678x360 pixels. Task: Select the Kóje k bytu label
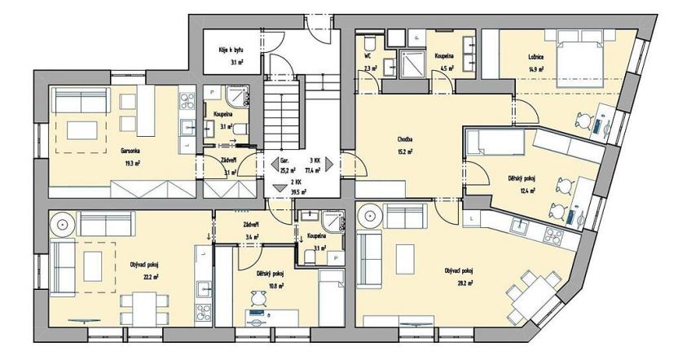pos(231,50)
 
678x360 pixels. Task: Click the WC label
pos(368,56)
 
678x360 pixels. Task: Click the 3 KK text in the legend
pos(315,161)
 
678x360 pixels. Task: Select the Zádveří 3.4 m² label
pos(252,225)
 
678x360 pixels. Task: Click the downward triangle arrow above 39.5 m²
pos(280,188)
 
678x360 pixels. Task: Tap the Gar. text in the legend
pos(284,161)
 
